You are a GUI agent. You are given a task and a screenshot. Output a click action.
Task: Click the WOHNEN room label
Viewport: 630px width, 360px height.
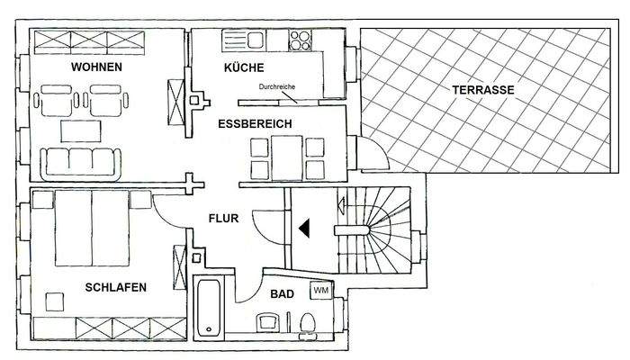click(x=98, y=67)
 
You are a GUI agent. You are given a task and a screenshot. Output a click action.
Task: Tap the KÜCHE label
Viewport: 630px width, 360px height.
click(x=243, y=67)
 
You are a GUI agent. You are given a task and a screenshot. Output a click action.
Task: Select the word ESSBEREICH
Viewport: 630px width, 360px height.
click(x=255, y=125)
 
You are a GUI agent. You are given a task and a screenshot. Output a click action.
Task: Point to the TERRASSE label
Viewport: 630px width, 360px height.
click(x=483, y=90)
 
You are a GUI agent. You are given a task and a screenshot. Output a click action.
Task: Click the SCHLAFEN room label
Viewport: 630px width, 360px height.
click(x=115, y=287)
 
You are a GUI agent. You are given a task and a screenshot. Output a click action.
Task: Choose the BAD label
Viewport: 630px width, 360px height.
click(x=281, y=293)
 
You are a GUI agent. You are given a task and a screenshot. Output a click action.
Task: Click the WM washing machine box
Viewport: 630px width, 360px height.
click(x=319, y=290)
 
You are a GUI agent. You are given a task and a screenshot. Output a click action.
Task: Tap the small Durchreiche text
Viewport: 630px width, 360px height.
click(x=276, y=87)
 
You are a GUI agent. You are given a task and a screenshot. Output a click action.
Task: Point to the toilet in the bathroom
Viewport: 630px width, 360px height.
click(x=307, y=321)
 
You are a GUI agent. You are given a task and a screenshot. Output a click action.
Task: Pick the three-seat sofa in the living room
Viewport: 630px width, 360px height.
click(x=82, y=160)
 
